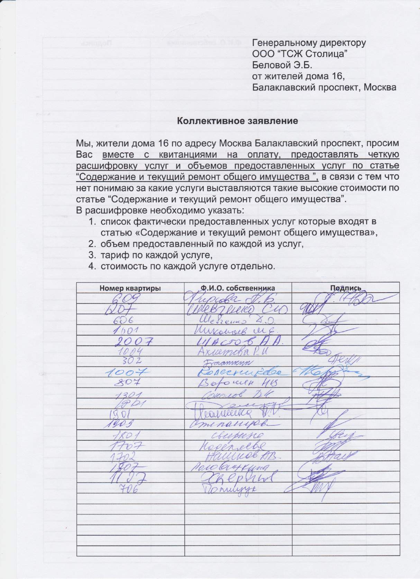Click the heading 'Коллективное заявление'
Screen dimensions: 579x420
(237, 121)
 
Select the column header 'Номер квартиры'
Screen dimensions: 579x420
(130, 288)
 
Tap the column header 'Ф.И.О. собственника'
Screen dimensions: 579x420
(238, 288)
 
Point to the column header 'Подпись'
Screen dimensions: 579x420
(346, 288)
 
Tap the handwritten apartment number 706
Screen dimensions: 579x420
(128, 488)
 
